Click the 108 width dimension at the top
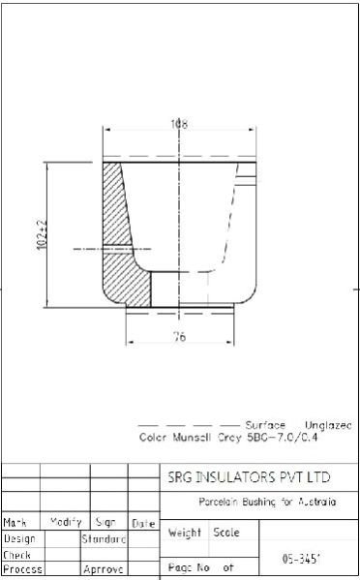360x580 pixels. [178, 124]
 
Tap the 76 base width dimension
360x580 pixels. [179, 336]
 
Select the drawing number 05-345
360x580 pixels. [301, 559]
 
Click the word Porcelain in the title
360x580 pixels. [221, 503]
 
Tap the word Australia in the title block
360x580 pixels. [315, 503]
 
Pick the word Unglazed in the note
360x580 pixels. [328, 425]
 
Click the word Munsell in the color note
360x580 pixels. [197, 438]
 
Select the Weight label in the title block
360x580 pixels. [185, 533]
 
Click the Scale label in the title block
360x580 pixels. [226, 533]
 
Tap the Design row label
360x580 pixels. [19, 538]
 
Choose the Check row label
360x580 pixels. [17, 555]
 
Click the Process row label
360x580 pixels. [21, 570]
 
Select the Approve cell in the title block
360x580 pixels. [104, 570]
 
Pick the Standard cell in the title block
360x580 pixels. [104, 538]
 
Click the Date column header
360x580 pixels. [143, 523]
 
